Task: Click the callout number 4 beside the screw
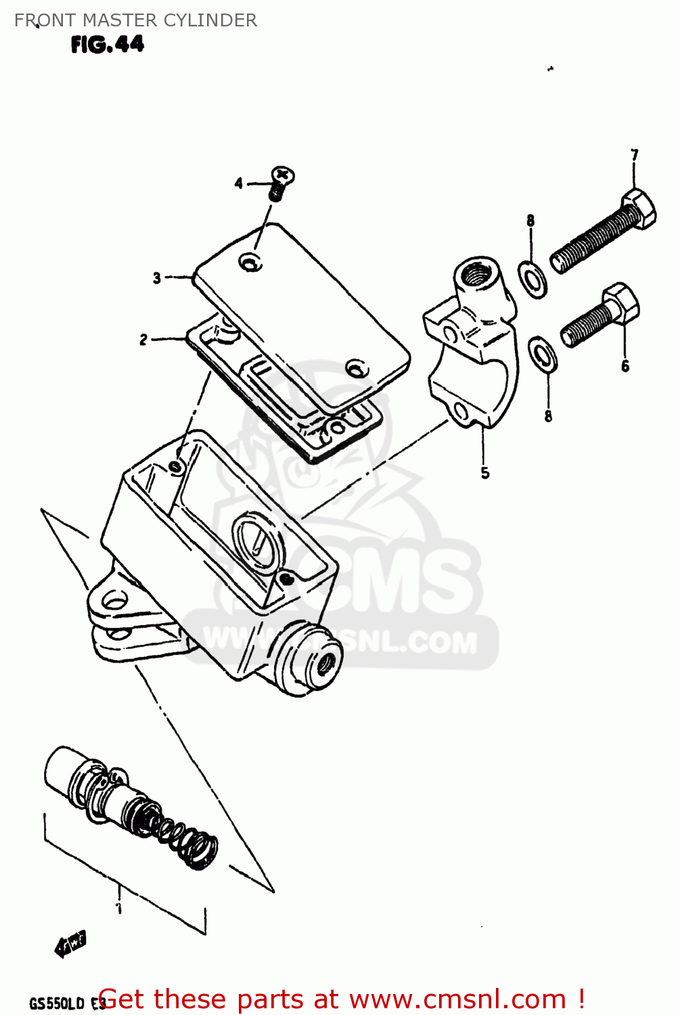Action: click(238, 183)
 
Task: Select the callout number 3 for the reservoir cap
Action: click(157, 278)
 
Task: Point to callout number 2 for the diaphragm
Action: click(143, 340)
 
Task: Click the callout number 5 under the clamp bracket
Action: click(485, 473)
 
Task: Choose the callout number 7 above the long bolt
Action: click(634, 155)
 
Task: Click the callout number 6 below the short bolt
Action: click(625, 366)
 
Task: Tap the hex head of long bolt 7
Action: click(639, 208)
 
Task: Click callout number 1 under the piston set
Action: click(119, 907)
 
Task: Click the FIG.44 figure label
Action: click(107, 45)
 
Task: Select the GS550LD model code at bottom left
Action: click(57, 1003)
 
